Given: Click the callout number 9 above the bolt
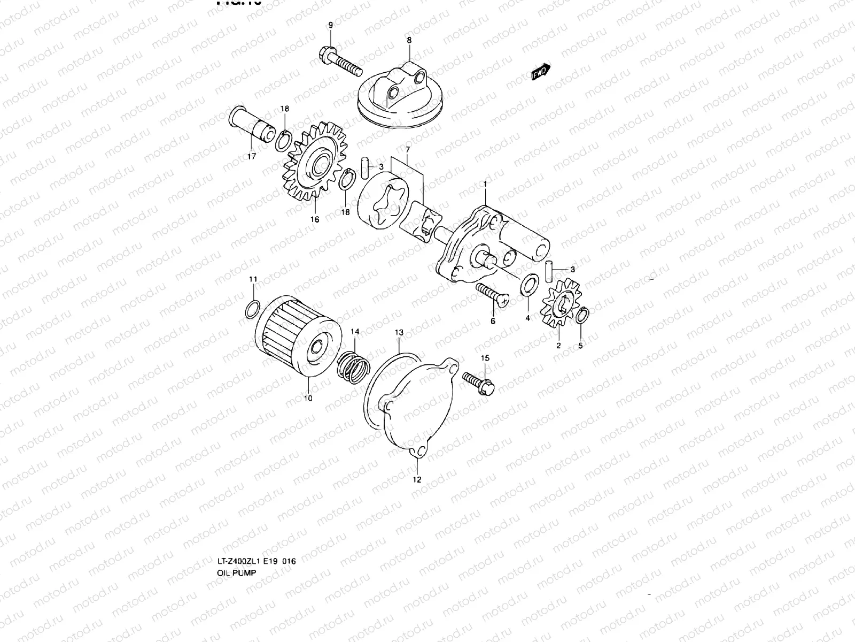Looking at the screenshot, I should (x=330, y=25).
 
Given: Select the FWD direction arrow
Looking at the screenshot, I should (x=541, y=72).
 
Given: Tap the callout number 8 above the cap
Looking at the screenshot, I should (x=409, y=40).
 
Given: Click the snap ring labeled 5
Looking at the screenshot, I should (x=582, y=316).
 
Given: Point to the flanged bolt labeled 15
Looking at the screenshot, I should (x=478, y=382).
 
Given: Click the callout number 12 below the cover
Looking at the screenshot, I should (x=417, y=479).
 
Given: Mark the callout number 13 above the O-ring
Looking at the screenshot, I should (x=399, y=332).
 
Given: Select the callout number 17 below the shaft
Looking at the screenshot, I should (x=251, y=156).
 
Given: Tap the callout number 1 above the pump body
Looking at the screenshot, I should (x=485, y=184).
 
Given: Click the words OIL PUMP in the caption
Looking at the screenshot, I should (x=236, y=572).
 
